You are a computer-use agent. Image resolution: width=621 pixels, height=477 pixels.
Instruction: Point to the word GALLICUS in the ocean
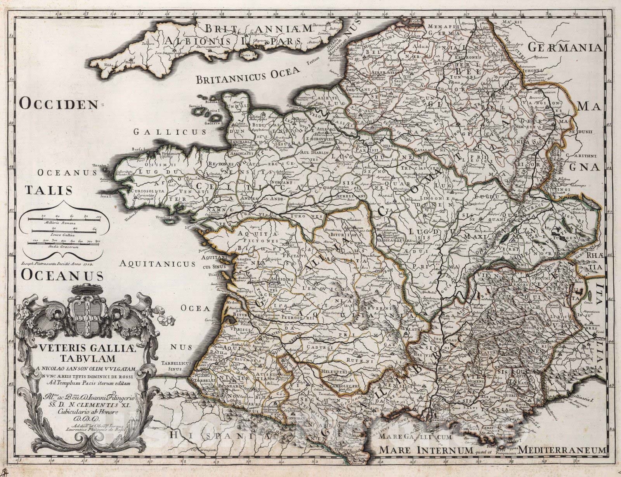click(x=170, y=132)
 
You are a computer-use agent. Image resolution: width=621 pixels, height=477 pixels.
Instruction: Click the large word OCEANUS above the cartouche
click(x=62, y=275)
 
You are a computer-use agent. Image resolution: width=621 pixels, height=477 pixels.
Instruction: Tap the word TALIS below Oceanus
click(x=49, y=190)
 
